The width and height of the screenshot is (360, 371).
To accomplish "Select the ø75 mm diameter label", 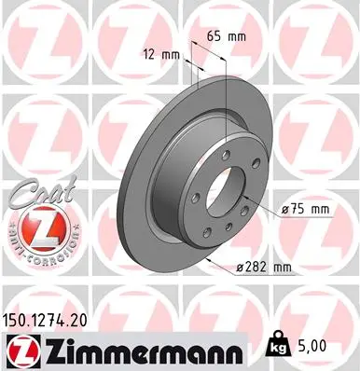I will [305, 209].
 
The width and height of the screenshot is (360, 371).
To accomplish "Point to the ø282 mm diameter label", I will [266, 267].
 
